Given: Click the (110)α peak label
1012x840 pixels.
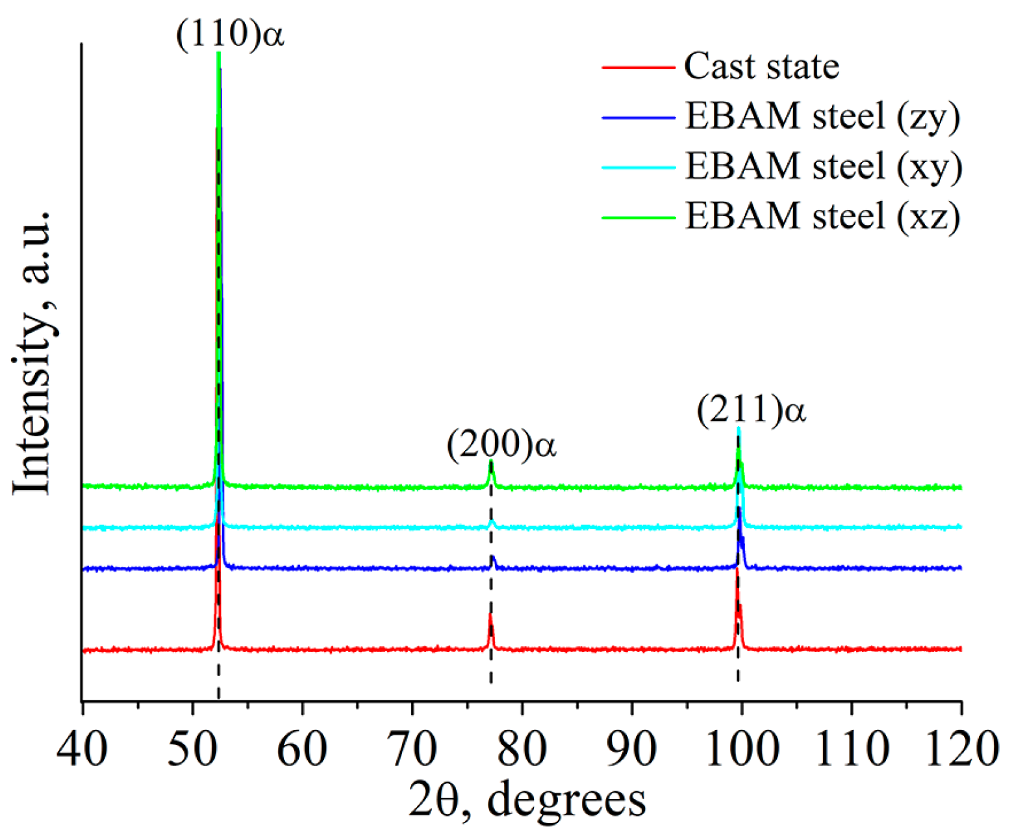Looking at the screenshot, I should click(x=230, y=34).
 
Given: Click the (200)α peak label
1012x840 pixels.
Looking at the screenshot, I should click(x=501, y=445).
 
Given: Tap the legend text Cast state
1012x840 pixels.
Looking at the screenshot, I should click(x=761, y=66).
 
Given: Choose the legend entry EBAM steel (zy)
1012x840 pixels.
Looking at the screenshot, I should click(x=822, y=116).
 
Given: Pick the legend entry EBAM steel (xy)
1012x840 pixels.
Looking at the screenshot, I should click(x=824, y=166).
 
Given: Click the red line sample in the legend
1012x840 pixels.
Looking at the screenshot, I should click(x=638, y=67).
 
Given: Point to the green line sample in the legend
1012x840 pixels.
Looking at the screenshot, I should click(x=638, y=217).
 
